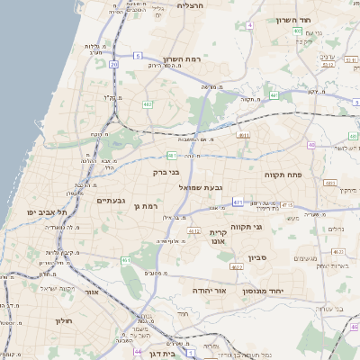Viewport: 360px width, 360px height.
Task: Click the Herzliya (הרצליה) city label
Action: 192,5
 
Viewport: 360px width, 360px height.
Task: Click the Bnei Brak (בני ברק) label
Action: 166,171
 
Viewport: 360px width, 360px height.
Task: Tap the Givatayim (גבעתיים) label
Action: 116,200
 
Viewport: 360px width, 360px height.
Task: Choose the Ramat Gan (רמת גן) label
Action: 143,207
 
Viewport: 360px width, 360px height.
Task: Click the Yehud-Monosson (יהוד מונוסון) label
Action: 289,291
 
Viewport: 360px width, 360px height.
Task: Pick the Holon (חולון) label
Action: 63,320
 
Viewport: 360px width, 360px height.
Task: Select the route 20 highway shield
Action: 113,64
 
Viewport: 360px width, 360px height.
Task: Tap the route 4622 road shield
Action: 237,266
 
